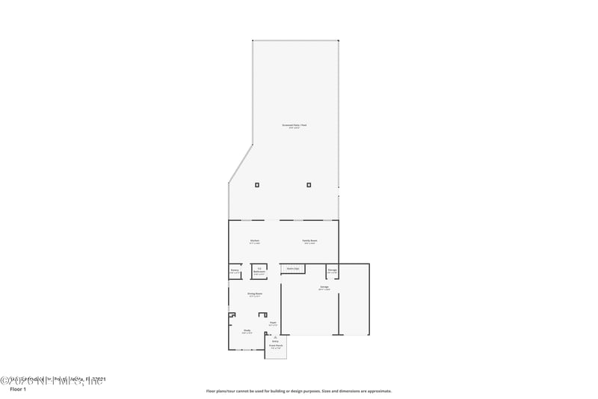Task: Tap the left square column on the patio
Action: point(257,184)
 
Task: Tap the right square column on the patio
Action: point(309,184)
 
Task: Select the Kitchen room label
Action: point(255,241)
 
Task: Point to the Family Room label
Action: point(309,241)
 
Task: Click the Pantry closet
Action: point(235,271)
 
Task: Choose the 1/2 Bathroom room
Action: point(259,271)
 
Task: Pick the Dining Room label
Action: point(255,294)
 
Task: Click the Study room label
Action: point(247,330)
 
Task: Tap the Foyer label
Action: point(274,324)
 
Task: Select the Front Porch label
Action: point(276,346)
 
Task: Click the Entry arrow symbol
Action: point(275,338)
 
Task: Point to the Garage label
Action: point(324,287)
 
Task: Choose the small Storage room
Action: point(332,270)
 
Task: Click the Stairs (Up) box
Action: point(292,268)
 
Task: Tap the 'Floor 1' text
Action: point(17,390)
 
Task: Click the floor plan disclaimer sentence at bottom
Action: point(298,391)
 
